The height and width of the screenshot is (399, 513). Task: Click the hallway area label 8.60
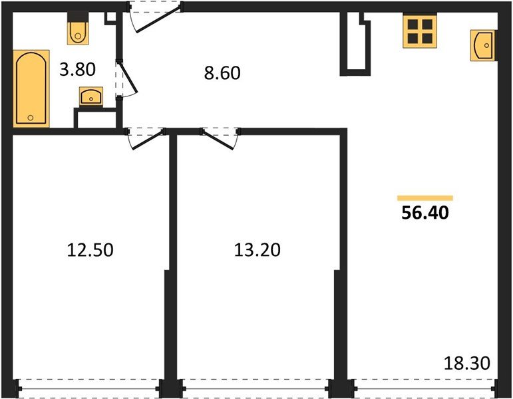click(222, 72)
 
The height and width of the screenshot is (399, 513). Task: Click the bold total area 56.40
click(427, 213)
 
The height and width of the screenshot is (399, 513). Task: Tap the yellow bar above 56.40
click(425, 198)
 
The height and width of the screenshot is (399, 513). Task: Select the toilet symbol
click(79, 30)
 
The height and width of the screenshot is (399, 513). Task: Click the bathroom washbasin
click(91, 97)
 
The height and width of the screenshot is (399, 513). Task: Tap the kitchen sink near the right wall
click(483, 45)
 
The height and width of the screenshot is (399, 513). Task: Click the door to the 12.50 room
click(146, 136)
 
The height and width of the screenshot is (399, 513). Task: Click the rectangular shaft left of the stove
click(356, 45)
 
